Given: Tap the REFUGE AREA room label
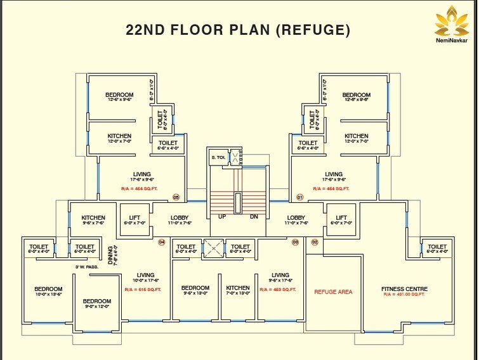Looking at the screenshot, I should click(x=333, y=292).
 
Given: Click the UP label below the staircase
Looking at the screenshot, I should click(x=222, y=217).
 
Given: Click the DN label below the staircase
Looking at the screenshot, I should click(x=254, y=217).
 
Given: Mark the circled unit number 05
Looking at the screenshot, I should click(x=176, y=197).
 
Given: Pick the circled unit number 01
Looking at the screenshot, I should click(x=300, y=197).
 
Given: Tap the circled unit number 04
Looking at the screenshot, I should click(x=161, y=242).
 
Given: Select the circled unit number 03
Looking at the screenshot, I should click(x=295, y=242).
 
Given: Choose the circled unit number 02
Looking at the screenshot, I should click(x=314, y=242).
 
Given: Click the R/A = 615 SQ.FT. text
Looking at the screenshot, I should click(x=143, y=290).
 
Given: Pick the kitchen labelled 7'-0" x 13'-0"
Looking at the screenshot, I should click(x=238, y=291).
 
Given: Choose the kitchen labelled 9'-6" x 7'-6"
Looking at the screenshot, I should click(x=93, y=220).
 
